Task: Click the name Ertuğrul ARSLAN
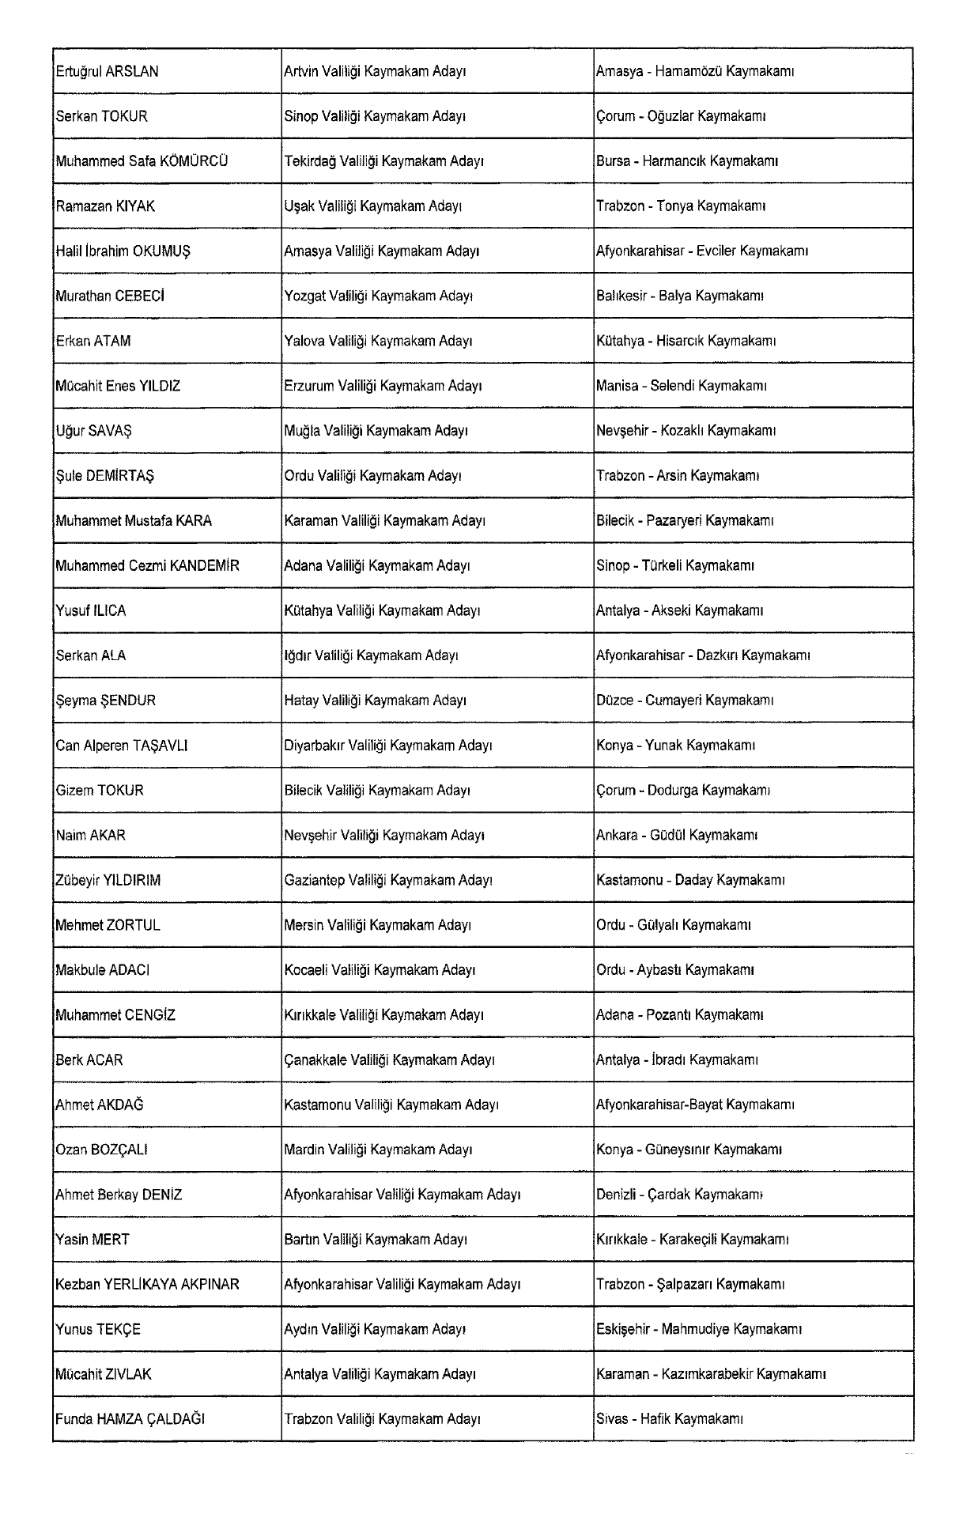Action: click(x=107, y=71)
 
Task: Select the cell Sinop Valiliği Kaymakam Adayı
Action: click(x=374, y=116)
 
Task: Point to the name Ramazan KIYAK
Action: click(x=105, y=206)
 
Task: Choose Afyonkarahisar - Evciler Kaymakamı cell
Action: click(x=701, y=251)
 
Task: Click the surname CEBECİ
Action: click(x=140, y=296)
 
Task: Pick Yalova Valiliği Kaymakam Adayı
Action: click(x=378, y=342)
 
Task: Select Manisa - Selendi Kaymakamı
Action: click(x=681, y=386)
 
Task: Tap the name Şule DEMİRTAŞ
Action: click(x=104, y=476)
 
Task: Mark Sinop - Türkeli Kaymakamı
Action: click(x=674, y=566)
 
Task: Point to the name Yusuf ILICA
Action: click(x=90, y=610)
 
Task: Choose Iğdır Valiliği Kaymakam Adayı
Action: click(x=371, y=655)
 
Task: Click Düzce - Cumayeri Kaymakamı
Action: click(x=684, y=700)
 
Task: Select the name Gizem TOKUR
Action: click(x=100, y=791)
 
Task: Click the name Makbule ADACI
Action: click(x=102, y=970)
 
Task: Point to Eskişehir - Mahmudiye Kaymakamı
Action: click(x=698, y=1329)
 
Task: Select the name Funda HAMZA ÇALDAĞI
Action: click(x=130, y=1419)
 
